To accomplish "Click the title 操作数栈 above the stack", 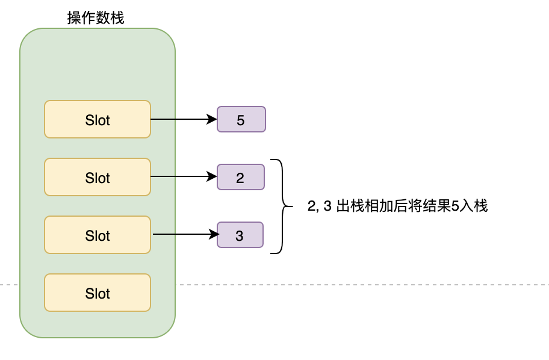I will [96, 18].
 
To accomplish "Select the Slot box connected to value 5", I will [98, 119].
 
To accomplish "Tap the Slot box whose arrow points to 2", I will [98, 177].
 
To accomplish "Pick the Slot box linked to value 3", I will [98, 235].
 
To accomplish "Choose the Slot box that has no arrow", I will [98, 293].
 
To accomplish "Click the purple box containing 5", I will [241, 119].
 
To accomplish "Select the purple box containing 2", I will [240, 177].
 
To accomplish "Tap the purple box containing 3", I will [240, 235].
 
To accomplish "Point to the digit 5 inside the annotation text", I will [455, 206].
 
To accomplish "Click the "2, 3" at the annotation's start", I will [320, 206].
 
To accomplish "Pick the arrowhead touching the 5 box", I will [212, 119].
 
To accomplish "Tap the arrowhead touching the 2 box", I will [212, 176].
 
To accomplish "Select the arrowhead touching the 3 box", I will [213, 234].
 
